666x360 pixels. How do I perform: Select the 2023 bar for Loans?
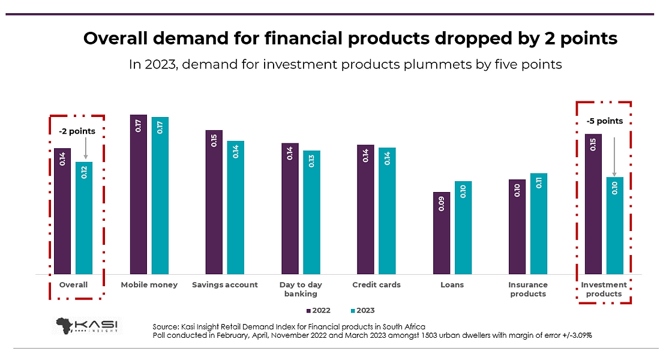(463, 227)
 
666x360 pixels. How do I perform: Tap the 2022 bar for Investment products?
(593, 204)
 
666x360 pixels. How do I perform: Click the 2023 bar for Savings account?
(236, 207)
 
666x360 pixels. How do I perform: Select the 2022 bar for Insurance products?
(517, 226)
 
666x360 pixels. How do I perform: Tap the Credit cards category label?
(376, 284)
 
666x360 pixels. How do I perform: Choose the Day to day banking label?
(301, 289)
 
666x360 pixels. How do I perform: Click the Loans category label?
(452, 284)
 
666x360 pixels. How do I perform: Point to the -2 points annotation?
(77, 131)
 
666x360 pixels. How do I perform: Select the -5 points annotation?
(604, 121)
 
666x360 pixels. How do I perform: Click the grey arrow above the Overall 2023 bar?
(86, 148)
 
